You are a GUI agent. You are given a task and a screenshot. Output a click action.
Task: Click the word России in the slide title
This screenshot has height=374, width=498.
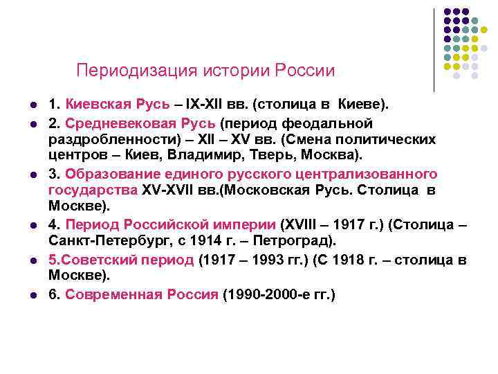pos(305,71)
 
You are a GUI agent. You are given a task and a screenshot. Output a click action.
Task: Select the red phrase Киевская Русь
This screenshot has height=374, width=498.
pos(118,105)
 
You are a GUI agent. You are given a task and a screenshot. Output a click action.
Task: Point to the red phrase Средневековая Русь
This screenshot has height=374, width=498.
pos(140,123)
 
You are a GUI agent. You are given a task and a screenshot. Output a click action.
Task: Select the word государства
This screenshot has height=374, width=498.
pos(93,189)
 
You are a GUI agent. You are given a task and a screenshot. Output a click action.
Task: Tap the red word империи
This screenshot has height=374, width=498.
pos(247,224)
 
